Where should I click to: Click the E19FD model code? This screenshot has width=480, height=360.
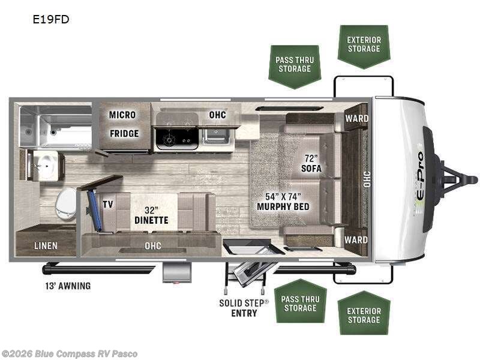pyautogui.click(x=51, y=19)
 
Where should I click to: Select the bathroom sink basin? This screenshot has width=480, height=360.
pyautogui.click(x=44, y=165)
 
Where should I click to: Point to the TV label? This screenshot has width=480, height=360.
pyautogui.click(x=108, y=204)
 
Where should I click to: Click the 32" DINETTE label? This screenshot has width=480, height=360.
pyautogui.click(x=151, y=215)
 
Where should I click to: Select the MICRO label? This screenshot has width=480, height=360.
pyautogui.click(x=122, y=115)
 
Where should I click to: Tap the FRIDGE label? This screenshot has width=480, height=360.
pyautogui.click(x=124, y=133)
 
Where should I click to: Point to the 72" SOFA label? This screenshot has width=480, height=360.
pyautogui.click(x=311, y=163)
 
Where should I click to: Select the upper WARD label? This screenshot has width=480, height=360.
pyautogui.click(x=356, y=118)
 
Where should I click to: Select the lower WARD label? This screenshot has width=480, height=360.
pyautogui.click(x=356, y=240)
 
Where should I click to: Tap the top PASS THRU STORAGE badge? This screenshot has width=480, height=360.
pyautogui.click(x=294, y=65)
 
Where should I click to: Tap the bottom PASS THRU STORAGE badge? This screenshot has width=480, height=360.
pyautogui.click(x=300, y=303)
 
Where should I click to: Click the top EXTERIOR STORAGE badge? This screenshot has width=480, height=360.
pyautogui.click(x=364, y=45)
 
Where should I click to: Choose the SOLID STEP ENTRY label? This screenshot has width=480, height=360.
pyautogui.click(x=244, y=308)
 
